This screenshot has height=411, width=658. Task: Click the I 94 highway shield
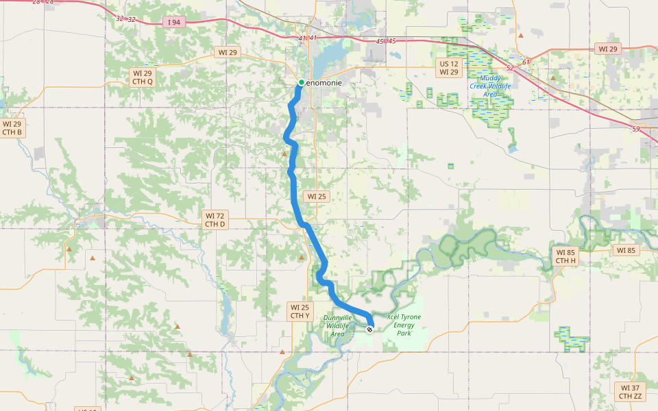pyautogui.click(x=173, y=23)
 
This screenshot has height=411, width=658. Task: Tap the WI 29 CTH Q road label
pyautogui.click(x=143, y=77)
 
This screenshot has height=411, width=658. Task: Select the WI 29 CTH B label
pyautogui.click(x=12, y=128)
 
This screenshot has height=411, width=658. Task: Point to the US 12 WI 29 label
pyautogui.click(x=449, y=68)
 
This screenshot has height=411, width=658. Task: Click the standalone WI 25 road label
pyautogui.click(x=317, y=196)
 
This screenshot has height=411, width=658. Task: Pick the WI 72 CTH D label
pyautogui.click(x=215, y=220)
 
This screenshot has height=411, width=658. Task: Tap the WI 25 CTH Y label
pyautogui.click(x=300, y=312)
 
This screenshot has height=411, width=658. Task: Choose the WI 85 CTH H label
pyautogui.click(x=565, y=256)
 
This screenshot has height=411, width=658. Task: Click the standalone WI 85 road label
pyautogui.click(x=626, y=250)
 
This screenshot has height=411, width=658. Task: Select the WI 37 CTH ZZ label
pyautogui.click(x=631, y=392)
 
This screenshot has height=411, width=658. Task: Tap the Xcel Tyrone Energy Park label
pyautogui.click(x=404, y=325)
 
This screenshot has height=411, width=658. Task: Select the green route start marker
pyautogui.click(x=301, y=83)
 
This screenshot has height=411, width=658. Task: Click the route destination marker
pyautogui.click(x=370, y=329)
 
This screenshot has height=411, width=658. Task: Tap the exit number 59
pyautogui.click(x=636, y=129)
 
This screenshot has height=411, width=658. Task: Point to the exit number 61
pyautogui.click(x=526, y=62)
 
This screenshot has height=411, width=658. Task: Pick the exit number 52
pyautogui.click(x=509, y=68)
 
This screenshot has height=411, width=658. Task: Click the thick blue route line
pyautogui.click(x=295, y=192)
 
